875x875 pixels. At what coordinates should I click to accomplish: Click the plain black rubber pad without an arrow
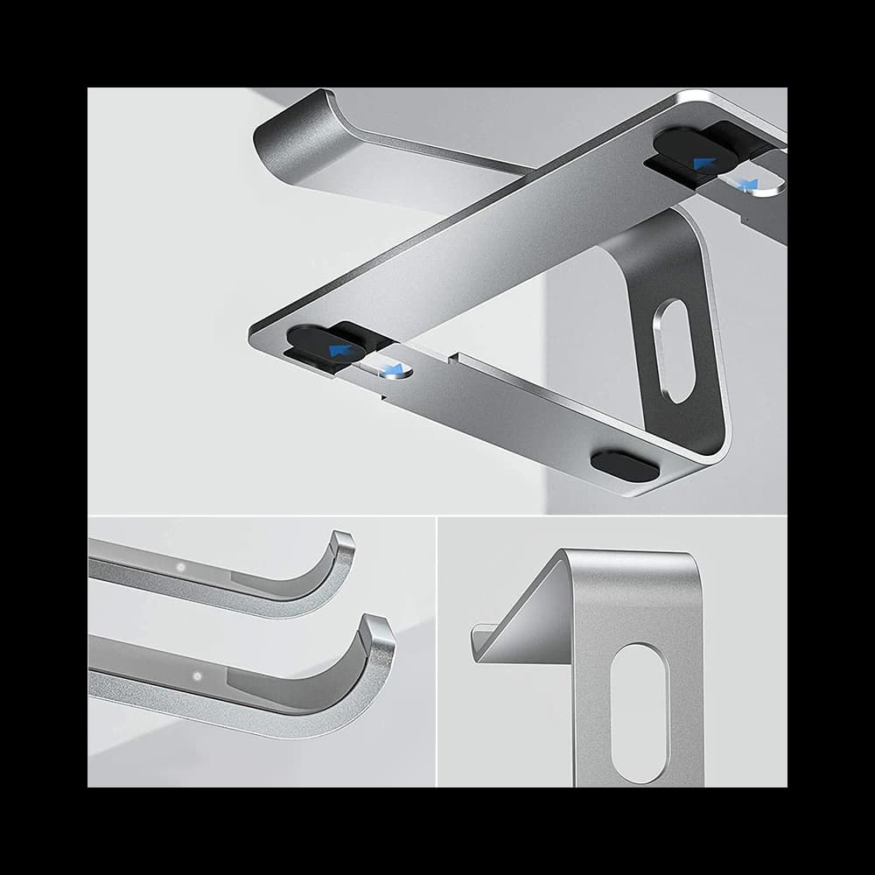click(x=625, y=465)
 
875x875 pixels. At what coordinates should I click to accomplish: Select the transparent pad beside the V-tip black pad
click(x=388, y=368)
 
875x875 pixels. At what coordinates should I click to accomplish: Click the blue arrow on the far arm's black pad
click(x=702, y=163)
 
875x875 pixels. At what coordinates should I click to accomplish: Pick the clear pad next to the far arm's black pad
click(x=748, y=183)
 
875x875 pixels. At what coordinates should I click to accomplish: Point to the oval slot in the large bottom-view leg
click(x=675, y=351)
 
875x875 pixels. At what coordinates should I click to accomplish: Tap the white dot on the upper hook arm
click(x=180, y=567)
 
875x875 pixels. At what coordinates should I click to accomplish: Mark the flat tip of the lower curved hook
click(x=378, y=624)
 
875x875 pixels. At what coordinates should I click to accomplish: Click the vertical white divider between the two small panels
click(x=437, y=652)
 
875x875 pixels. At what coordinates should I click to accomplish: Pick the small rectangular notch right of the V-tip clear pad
click(x=451, y=358)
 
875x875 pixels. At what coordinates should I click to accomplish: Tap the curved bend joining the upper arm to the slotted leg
click(x=674, y=232)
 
